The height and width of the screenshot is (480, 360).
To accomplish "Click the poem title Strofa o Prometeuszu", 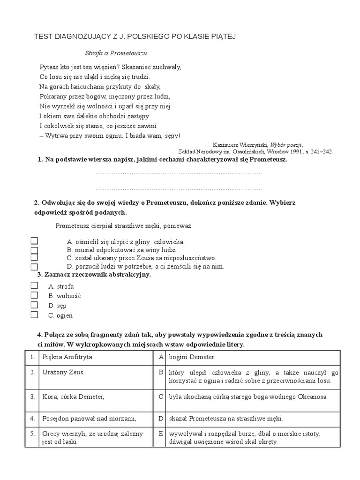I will [x=114, y=54].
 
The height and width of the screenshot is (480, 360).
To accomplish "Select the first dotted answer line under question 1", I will [x=178, y=173].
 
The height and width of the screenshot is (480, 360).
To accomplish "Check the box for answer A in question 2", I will [x=34, y=241].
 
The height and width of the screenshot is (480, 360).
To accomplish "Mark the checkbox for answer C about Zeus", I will [x=34, y=257].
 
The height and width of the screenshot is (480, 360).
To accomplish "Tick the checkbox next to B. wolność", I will [x=34, y=295].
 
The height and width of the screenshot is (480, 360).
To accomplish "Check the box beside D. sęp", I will [x=34, y=305].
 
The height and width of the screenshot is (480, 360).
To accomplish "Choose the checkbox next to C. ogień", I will [x=34, y=315].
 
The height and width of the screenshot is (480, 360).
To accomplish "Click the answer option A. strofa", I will [x=61, y=286].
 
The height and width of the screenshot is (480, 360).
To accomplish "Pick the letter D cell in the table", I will [x=160, y=419].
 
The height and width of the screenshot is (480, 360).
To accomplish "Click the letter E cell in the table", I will [x=160, y=434].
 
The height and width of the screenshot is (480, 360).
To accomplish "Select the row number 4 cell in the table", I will [x=32, y=419].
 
